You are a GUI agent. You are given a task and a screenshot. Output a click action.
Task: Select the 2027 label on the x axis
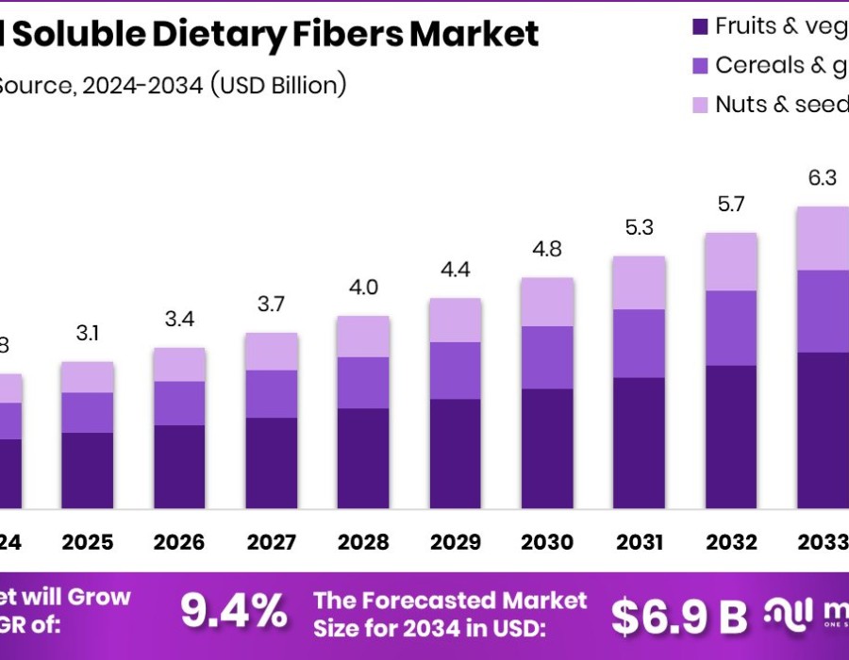(272, 542)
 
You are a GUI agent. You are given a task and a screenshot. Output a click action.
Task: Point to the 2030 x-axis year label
(547, 542)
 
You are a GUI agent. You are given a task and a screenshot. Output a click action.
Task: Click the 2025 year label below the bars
(88, 542)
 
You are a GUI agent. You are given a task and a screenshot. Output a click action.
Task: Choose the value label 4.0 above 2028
(363, 287)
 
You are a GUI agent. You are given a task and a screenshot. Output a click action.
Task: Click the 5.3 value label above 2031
(640, 227)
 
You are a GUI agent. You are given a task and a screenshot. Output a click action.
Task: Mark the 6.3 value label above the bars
(823, 178)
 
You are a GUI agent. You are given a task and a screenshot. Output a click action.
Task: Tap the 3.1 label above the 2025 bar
(88, 333)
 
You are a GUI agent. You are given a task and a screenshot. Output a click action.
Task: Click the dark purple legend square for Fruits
(701, 26)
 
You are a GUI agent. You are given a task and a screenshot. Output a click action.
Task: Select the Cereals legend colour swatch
(701, 66)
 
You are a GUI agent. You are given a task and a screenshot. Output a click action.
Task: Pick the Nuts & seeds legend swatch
(701, 105)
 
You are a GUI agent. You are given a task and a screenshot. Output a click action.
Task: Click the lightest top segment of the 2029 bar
(456, 320)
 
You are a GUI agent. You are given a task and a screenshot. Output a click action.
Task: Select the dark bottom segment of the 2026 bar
(179, 467)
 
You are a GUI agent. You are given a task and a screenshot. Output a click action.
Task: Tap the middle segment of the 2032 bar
(731, 327)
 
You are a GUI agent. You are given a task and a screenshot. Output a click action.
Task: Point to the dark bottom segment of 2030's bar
(547, 449)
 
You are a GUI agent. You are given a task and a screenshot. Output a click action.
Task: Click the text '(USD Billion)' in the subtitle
(278, 85)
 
